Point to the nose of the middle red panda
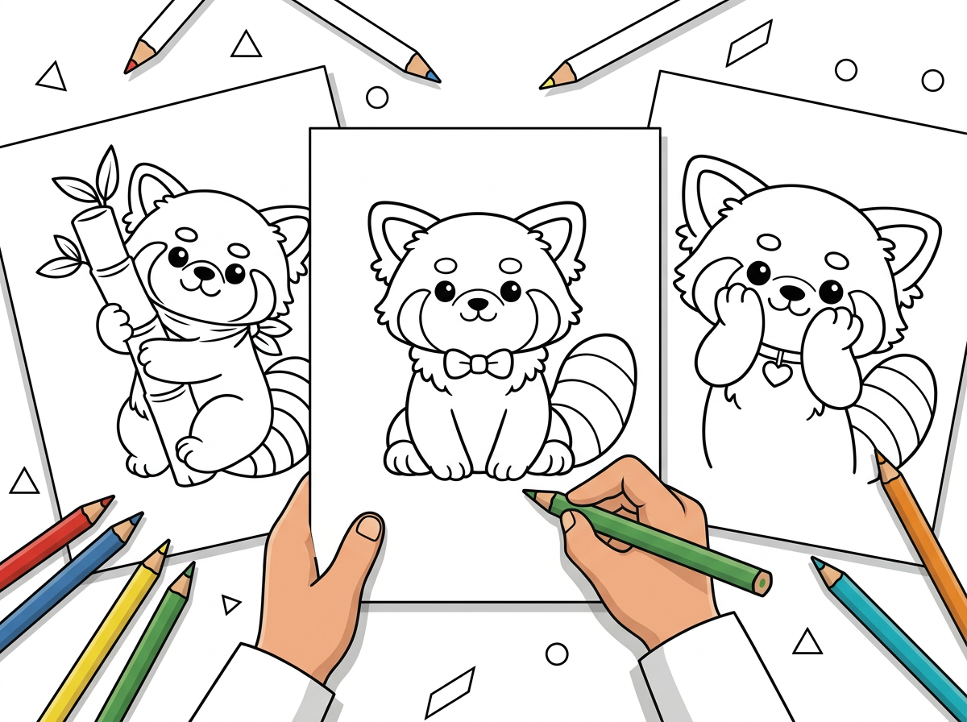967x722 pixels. click(479, 305)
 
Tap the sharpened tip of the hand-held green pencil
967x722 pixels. click(529, 493)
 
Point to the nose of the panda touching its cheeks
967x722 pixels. click(792, 291)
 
